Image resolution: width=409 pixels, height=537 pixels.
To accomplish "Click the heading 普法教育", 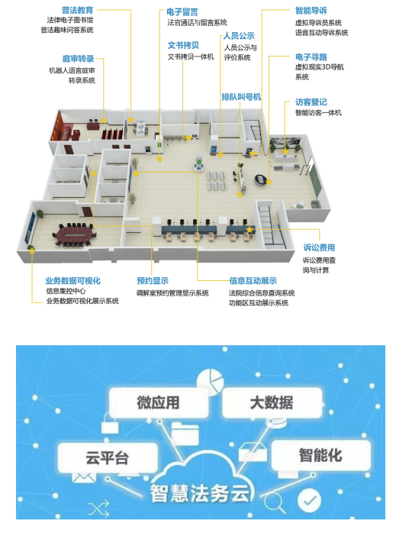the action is pos(77,10).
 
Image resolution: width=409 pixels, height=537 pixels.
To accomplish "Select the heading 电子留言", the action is pos(182,12).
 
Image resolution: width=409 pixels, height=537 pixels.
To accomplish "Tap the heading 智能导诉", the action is pos(311,11).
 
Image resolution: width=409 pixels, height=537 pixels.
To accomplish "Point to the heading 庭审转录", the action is pos(78,59).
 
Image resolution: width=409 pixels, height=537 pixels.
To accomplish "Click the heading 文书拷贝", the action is pos(183,45).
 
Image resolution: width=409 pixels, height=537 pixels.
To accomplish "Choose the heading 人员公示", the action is pos(239,36).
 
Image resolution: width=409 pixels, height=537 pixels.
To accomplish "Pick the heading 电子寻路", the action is pos(311,57).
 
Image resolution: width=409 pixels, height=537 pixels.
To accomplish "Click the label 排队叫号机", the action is pos(241,97).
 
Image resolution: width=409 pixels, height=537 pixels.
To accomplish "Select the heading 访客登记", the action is pos(311,102).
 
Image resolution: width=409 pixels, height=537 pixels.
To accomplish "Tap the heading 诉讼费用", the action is pos(319,247).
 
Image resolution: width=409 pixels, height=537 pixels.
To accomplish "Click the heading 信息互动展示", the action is pos(253,281).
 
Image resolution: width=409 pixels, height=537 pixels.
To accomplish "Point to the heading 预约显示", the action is pos(153,281).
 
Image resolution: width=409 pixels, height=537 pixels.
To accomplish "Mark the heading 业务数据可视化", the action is pos(72,281).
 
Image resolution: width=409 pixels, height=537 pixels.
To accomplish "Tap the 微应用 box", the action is pos(158,403).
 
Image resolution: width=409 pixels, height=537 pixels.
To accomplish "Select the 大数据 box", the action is pos(272,403).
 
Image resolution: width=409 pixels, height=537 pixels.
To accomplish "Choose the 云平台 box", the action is pos(108,458).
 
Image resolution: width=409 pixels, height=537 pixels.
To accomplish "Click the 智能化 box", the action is pos(320,455).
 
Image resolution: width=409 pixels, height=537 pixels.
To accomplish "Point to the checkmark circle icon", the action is pos(309,500).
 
